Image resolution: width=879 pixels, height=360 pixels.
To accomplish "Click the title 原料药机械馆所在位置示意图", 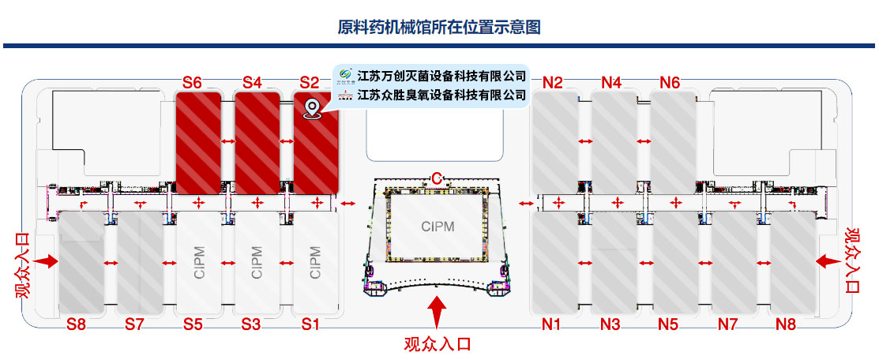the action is pos(439,26).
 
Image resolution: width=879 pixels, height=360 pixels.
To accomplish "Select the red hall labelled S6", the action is pos(198,143).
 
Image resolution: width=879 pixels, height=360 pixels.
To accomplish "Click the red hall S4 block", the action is pos(257,143).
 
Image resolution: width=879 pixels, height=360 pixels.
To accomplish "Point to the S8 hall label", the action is pos(77,324).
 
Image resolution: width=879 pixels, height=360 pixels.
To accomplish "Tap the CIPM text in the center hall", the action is pos(438,227).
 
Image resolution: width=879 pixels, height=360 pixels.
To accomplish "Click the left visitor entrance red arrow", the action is pos(45,261).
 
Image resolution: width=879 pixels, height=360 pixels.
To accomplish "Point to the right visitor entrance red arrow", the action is pos(828,261).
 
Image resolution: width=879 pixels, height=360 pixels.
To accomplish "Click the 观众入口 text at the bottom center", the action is pos(438,343).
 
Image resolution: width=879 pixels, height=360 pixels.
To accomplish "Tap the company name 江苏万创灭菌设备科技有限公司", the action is pos(441,75).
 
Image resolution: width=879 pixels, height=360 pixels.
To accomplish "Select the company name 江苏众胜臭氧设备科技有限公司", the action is pos(441,94).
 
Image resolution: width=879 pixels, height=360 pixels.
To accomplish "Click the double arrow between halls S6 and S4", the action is pos(227,141).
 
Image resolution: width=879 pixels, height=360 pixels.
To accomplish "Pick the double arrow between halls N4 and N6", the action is pos(644,141).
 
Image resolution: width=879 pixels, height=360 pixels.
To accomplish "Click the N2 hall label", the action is pos(553,83).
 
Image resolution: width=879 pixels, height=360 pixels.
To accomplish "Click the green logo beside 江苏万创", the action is pos(345,74).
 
